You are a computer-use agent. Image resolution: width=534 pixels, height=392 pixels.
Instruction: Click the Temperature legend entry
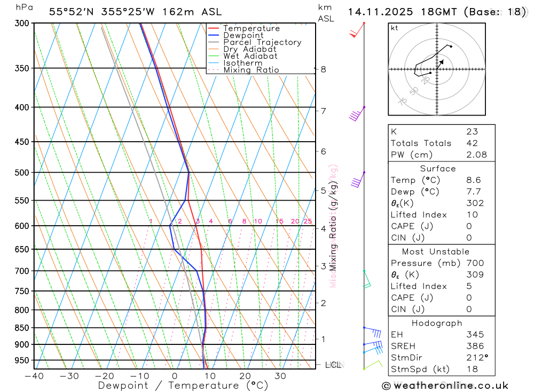coord(251,28)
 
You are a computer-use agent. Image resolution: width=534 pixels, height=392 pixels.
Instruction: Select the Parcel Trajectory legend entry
coord(262,42)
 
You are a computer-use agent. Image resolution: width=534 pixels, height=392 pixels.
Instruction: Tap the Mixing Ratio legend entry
coord(251,70)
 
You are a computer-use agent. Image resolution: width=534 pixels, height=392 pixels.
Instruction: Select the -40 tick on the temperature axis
coord(34,376)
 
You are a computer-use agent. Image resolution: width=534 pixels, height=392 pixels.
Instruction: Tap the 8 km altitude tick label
coord(323,70)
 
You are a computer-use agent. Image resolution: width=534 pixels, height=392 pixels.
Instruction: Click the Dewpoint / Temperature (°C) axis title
coord(183,386)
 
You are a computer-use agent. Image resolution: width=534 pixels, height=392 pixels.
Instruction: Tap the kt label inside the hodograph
coord(395,28)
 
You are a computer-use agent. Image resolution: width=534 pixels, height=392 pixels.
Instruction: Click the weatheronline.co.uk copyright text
coord(445,386)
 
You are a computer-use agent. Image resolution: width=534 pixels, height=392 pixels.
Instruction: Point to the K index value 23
coord(472,132)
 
